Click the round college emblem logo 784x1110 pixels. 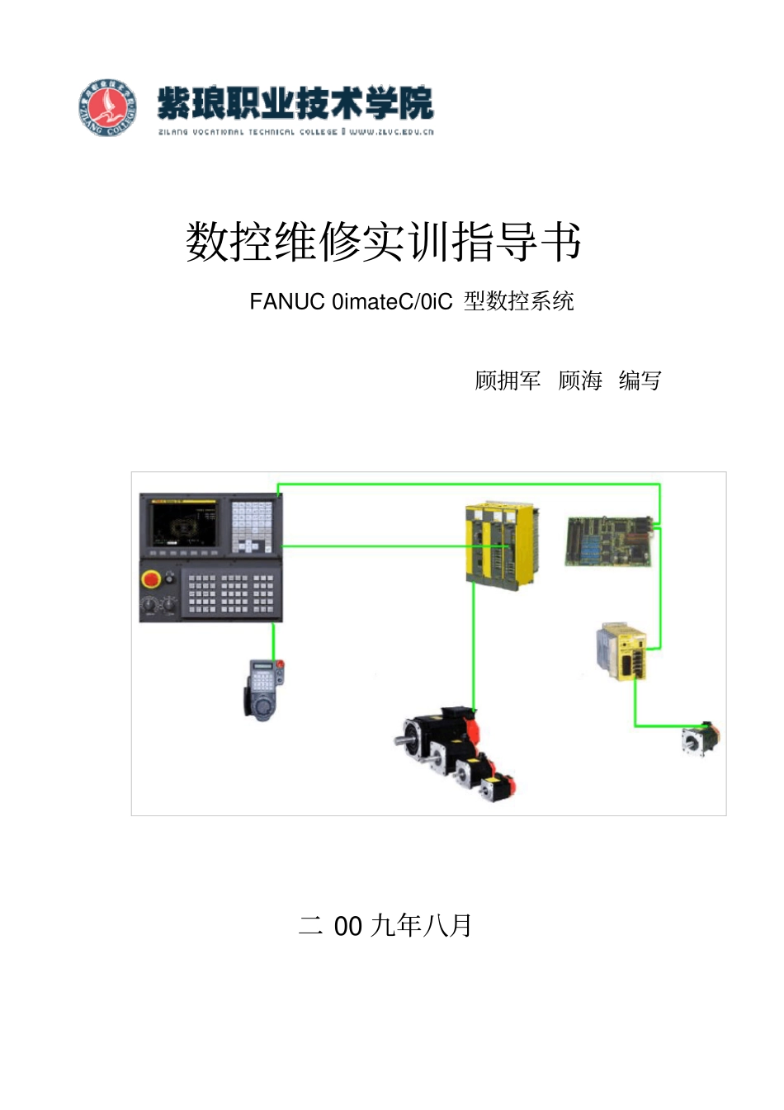pos(107,107)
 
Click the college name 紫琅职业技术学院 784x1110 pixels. pos(295,103)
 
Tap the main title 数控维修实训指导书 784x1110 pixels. pos(384,242)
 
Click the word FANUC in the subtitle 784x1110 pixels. pos(287,302)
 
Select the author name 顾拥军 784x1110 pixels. pos(508,380)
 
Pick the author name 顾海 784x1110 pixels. pos(580,380)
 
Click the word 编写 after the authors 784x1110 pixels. pos(640,380)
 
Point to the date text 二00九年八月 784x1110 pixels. pos(385,926)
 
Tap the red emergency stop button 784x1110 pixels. pos(151,579)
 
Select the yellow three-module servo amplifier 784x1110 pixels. pos(500,545)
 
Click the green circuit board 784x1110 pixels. pos(609,541)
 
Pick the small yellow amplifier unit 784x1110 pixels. pos(621,650)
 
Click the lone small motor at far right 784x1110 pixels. pos(700,739)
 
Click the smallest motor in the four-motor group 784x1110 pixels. pos(498,786)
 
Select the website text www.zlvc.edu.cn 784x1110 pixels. pos(391,132)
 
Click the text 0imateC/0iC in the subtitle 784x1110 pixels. pos(392,302)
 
